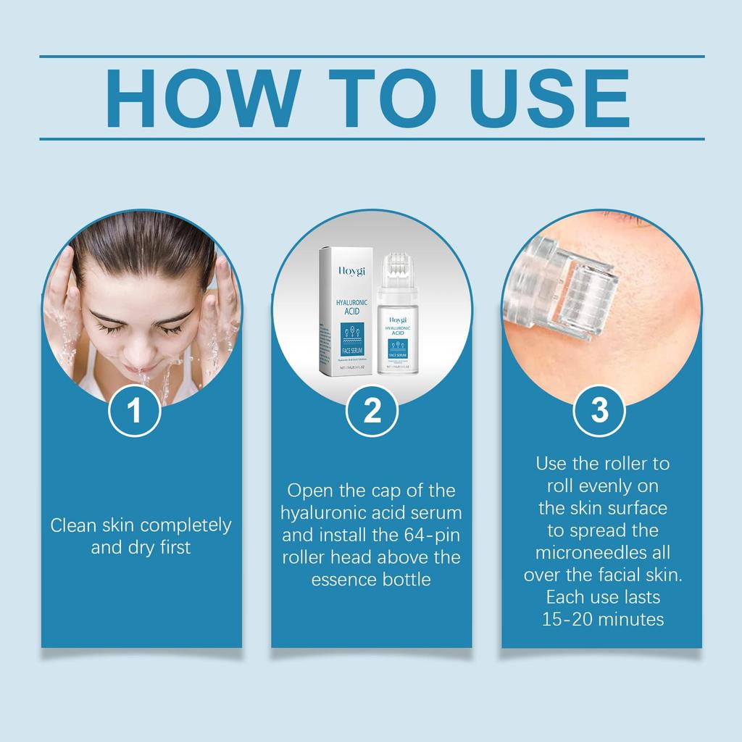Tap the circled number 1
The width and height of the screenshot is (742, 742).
(134, 411)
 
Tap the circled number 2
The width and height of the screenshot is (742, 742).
(372, 411)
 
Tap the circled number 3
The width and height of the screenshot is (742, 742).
(599, 411)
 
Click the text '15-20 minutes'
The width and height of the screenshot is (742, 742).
(603, 620)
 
